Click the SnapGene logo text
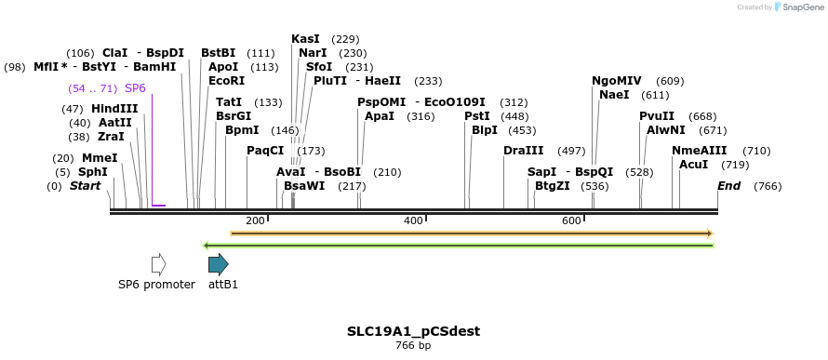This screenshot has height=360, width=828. point(797,7)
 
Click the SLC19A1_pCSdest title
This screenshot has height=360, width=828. point(413,331)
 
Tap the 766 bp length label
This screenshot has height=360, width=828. point(413,346)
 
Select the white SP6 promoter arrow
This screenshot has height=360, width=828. point(158,264)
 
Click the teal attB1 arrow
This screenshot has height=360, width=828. point(219,264)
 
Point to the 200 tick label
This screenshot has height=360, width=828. point(255,220)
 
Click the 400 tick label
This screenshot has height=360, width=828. point(413,220)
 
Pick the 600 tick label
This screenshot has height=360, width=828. point(571,220)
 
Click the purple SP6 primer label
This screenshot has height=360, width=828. point(135,88)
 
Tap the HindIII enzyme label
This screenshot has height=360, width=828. point(114,109)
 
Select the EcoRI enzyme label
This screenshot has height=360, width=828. point(227,81)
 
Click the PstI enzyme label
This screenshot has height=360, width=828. point(476,116)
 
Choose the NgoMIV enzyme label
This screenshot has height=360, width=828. point(617,81)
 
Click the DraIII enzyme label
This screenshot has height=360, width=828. point(523,151)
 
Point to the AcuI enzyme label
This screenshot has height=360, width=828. point(694,165)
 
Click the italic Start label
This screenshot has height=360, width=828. point(85,186)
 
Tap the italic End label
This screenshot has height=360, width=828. point(729,186)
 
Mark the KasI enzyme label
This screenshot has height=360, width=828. point(305,39)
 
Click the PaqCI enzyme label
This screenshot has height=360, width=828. point(265,151)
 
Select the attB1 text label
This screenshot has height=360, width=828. point(223,285)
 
